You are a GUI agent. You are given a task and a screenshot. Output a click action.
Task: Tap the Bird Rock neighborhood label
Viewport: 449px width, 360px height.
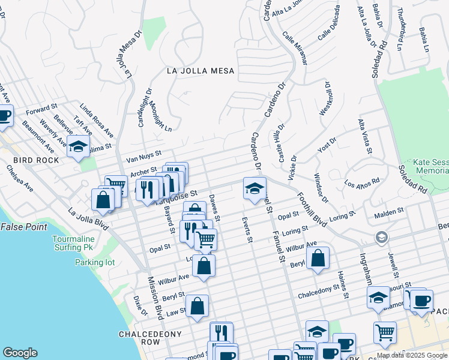pyautogui.click(x=36, y=160)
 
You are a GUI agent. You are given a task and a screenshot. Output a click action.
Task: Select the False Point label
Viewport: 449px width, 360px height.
pyautogui.click(x=23, y=227)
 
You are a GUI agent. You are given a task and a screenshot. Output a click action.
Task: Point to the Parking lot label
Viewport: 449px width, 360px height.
pyautogui.click(x=94, y=262)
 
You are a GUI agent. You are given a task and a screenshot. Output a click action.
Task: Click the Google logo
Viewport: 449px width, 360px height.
pyautogui.click(x=20, y=353)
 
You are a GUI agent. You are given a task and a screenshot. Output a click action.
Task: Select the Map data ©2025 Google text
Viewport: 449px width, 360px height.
pyautogui.click(x=412, y=355)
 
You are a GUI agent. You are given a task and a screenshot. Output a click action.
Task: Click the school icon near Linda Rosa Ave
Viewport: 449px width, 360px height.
pyautogui.click(x=78, y=146)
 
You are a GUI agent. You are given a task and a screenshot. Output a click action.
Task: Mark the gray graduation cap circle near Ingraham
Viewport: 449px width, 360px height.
pyautogui.click(x=381, y=238)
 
